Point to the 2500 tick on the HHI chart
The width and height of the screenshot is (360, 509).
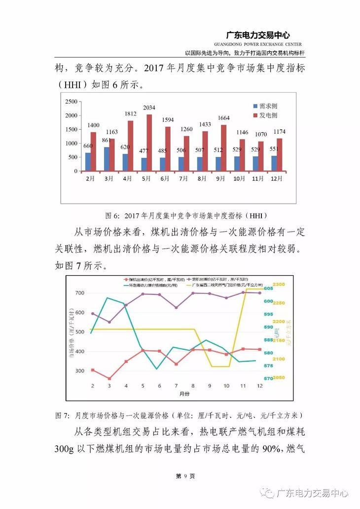[71, 102]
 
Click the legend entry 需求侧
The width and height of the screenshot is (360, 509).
[268, 106]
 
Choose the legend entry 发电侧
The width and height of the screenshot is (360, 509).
[268, 115]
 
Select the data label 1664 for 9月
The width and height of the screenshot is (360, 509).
[224, 118]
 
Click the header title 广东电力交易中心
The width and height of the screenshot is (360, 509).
[257, 35]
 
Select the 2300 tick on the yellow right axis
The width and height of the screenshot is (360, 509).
[279, 285]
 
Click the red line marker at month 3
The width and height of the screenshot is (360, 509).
[109, 379]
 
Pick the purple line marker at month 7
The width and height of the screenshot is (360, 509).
[176, 308]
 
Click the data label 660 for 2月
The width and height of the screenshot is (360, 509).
[88, 145]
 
